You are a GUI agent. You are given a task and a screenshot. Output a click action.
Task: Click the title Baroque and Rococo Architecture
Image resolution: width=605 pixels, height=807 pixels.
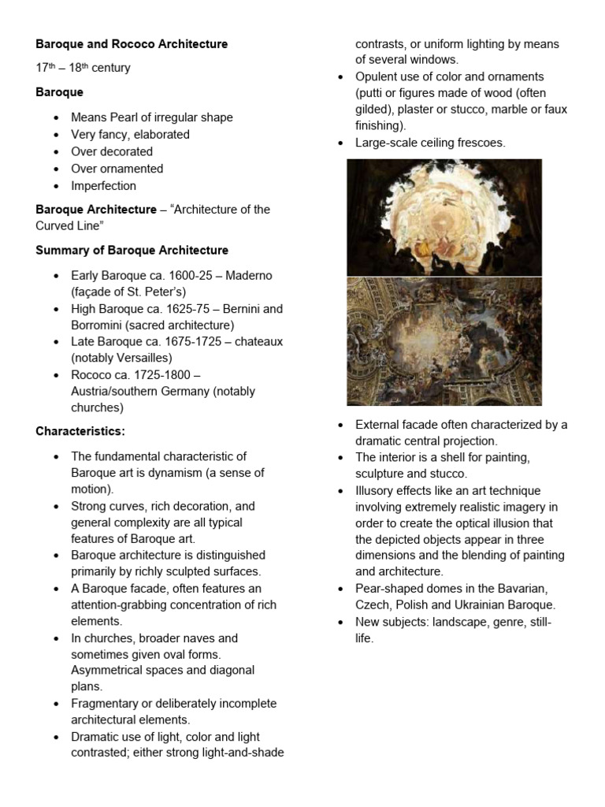pos(132,44)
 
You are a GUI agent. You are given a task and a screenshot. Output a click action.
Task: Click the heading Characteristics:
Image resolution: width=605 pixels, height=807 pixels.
pos(80,431)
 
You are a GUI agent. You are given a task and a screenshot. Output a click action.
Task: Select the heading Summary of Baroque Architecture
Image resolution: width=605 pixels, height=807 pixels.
pos(132,250)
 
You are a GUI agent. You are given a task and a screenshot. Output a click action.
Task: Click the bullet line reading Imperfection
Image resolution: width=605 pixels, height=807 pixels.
pos(103,186)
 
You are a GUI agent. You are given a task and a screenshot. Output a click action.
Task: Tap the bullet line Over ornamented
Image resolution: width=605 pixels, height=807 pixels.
pos(117,169)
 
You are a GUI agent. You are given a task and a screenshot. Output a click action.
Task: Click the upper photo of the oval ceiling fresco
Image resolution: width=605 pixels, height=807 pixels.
pos(444,216)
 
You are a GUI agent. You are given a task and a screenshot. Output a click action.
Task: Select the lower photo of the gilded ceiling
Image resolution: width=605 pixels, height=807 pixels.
pos(444,341)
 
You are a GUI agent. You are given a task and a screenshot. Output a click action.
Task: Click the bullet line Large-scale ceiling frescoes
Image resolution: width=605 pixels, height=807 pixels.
pos(430,143)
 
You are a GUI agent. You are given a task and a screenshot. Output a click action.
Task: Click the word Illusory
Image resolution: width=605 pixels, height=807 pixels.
pos(376,490)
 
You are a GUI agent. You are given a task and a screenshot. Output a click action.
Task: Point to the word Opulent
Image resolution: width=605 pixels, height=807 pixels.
pos(377,76)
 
